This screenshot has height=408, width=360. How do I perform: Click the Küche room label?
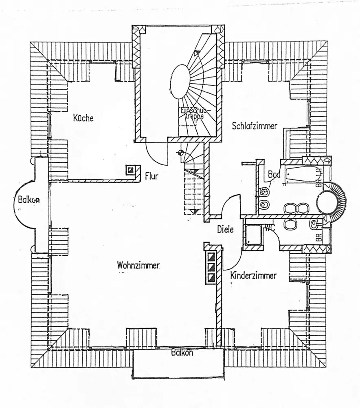pos(83,118)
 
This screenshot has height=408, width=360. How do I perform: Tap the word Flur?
pos(151,177)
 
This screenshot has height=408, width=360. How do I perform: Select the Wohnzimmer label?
pos(138,265)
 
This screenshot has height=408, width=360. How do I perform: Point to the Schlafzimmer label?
pos(254,126)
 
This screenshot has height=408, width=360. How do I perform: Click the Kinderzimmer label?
pos(253,275)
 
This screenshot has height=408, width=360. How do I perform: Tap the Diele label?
pos(225,229)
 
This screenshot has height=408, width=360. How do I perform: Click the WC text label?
pos(269,228)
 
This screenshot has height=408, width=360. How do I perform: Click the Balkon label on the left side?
pos(29,200)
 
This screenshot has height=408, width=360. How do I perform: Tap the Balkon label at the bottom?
pos(182,353)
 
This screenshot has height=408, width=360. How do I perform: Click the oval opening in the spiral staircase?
pos(179,82)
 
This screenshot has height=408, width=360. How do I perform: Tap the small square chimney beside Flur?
pos(130,170)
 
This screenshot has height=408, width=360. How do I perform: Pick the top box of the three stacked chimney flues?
pos(211,257)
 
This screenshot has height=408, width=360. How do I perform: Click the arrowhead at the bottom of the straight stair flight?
pos(196,211)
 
